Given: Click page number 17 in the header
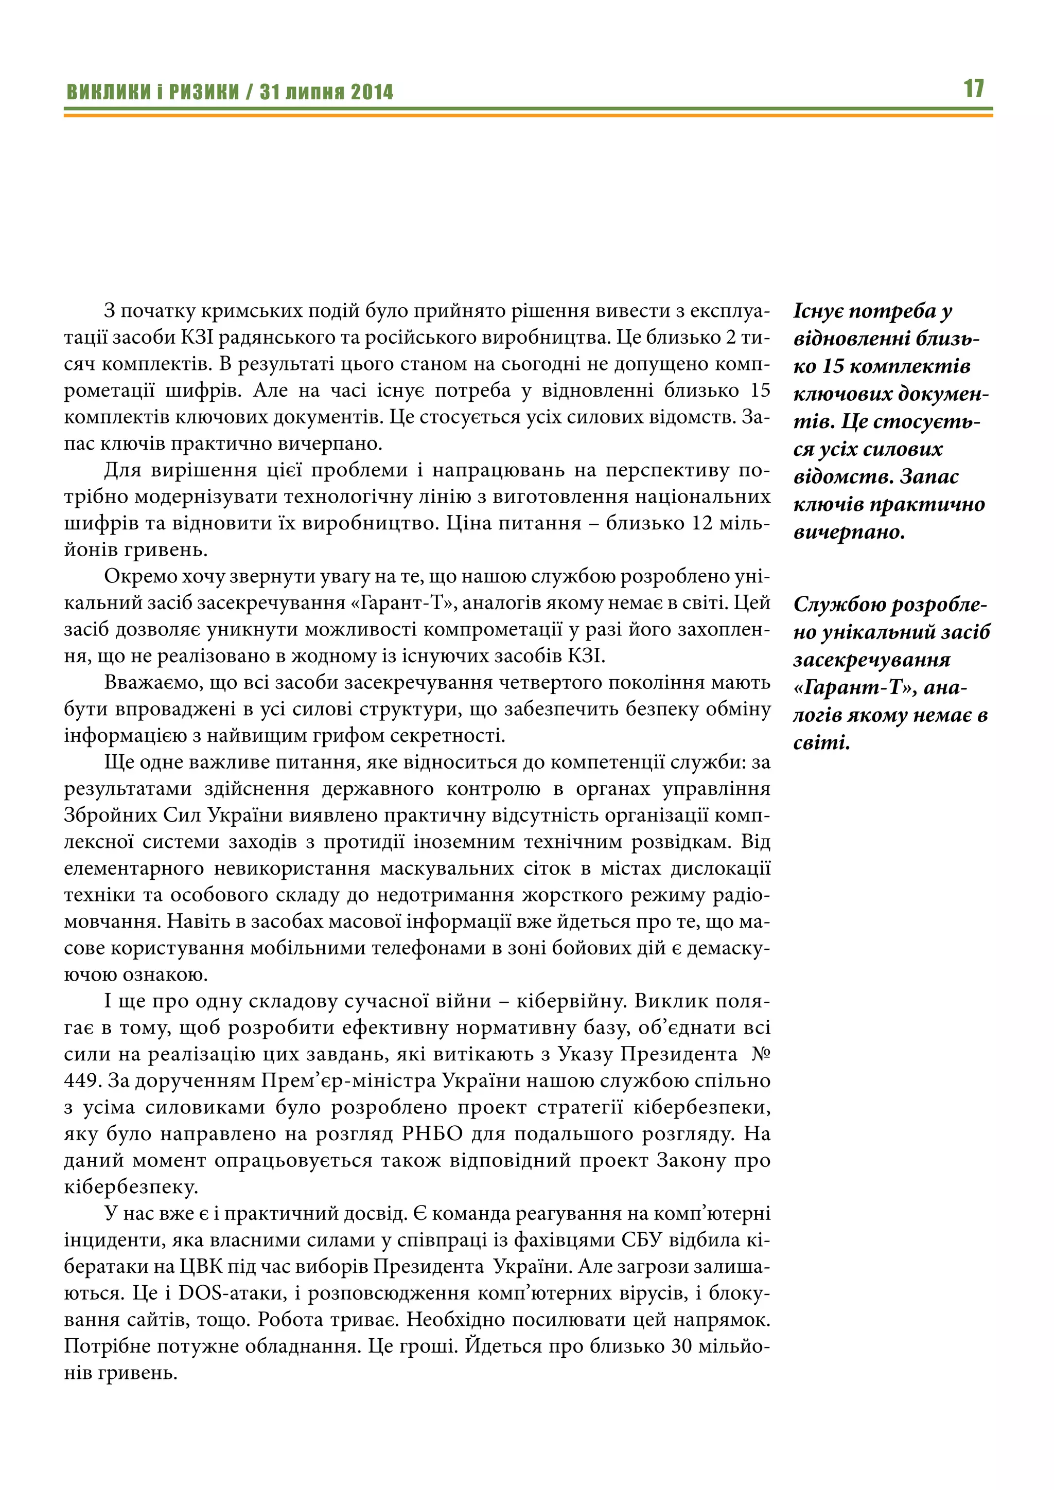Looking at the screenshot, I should click(x=974, y=89).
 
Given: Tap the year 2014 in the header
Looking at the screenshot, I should click(x=372, y=92).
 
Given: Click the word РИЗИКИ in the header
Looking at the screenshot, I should click(x=204, y=92).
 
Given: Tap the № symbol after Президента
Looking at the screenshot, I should click(x=760, y=1054).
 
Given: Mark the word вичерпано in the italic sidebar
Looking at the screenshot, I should click(x=848, y=533).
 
